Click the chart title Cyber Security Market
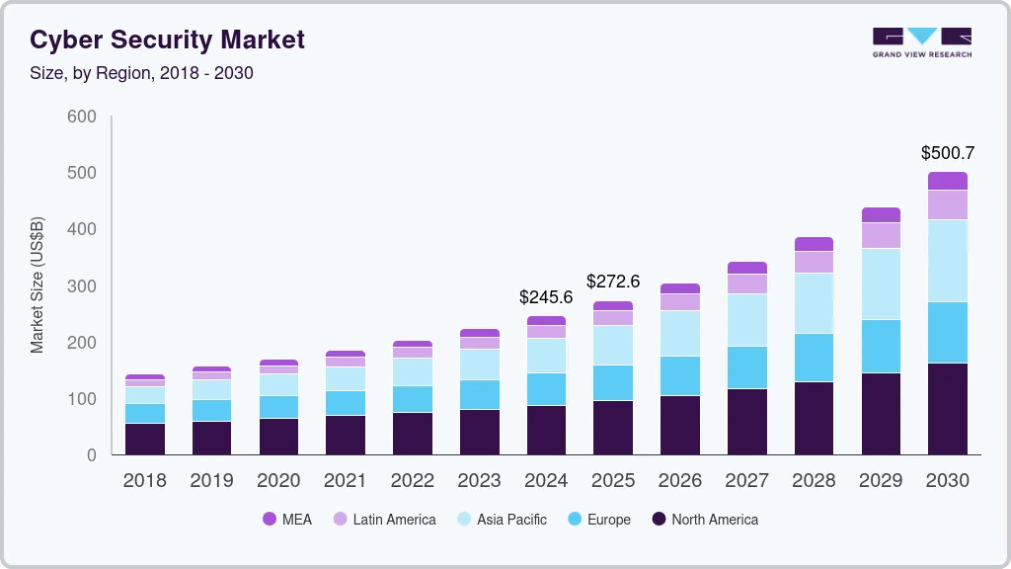pos(167,40)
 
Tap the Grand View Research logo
pos(921,41)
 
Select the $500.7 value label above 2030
pos(947,153)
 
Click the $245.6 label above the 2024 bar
pos(546,296)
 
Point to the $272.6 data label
pos(613,282)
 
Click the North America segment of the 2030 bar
pos(947,409)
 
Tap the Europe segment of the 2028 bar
pos(814,358)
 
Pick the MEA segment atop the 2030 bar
pos(947,181)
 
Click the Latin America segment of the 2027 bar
pos(746,284)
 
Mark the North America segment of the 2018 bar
pos(145,439)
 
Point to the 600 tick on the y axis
pos(81,117)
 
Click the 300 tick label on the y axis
pos(81,286)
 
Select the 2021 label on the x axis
pos(346,481)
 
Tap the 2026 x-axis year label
pos(679,481)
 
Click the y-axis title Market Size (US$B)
pos(38,285)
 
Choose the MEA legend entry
pos(287,519)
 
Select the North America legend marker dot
pos(660,519)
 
